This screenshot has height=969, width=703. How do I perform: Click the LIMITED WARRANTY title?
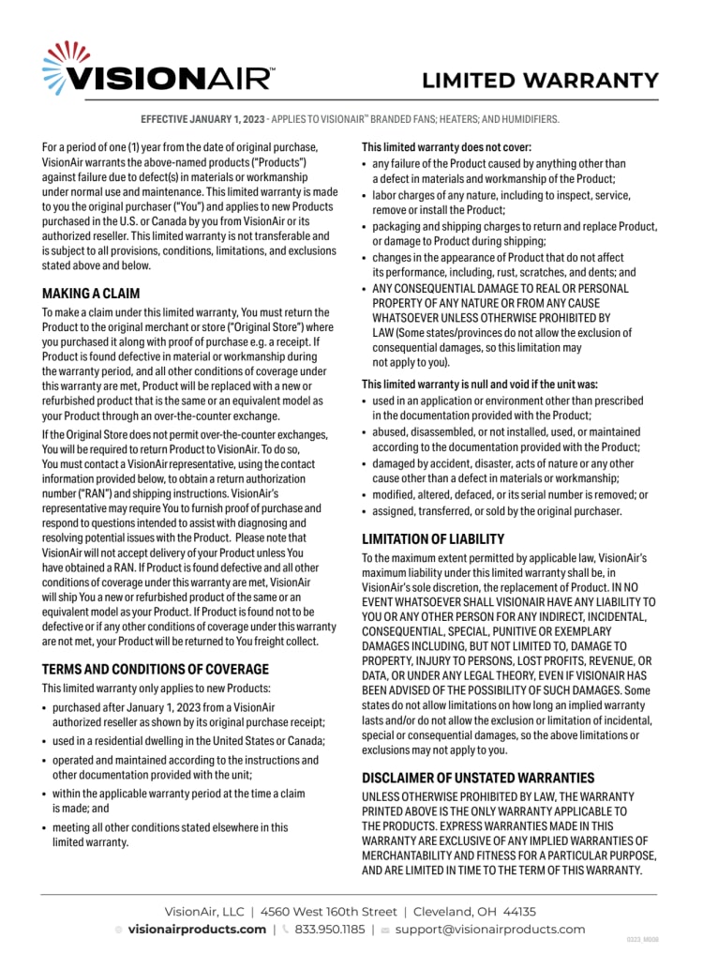[540, 80]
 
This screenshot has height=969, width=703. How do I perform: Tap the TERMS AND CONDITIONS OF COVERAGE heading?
[156, 669]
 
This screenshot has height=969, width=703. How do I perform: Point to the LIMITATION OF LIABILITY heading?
[433, 539]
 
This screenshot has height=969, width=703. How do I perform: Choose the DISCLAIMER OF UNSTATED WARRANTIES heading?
[478, 778]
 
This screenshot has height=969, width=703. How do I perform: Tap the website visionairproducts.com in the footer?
[197, 930]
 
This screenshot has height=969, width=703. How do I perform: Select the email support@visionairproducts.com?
[489, 930]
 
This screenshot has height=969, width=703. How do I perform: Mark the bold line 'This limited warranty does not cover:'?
[447, 147]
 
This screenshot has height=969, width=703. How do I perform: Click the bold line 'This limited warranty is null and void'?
[479, 384]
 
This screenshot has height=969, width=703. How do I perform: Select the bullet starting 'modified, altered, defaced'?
[510, 494]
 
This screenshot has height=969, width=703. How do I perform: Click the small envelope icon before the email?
[384, 930]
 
